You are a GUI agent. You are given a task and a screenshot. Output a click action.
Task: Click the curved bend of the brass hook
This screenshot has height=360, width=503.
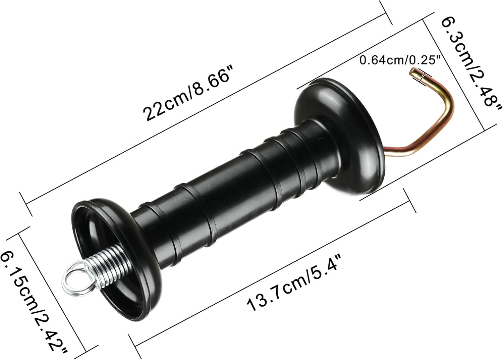click(x=448, y=101)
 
